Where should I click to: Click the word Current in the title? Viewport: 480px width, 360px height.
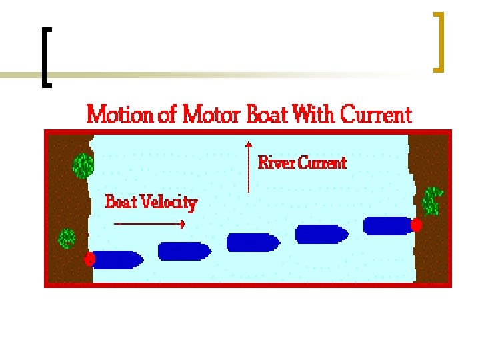coord(376,115)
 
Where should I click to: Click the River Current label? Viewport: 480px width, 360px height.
coord(302,162)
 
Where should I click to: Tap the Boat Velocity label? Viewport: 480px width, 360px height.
coord(151,201)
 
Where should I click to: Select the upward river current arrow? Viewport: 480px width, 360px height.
coord(248,167)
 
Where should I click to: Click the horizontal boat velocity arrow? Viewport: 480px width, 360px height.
coord(149,224)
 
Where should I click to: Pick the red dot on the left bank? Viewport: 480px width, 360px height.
coord(90,259)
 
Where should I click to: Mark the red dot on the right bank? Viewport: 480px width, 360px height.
coord(417,225)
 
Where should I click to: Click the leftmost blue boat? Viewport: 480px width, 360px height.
coord(117,259)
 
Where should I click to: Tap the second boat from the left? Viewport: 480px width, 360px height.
coord(184,251)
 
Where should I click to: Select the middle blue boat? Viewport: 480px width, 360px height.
coord(253,242)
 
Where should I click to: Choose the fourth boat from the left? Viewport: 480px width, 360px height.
coord(321,234)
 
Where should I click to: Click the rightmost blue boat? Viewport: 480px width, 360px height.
coord(388,225)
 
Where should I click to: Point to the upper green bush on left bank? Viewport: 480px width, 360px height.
coord(83,165)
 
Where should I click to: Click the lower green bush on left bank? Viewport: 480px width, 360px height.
coord(67,238)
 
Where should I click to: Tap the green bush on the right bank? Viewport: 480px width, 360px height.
coord(433,200)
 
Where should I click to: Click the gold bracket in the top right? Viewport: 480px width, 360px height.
coord(438,41)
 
